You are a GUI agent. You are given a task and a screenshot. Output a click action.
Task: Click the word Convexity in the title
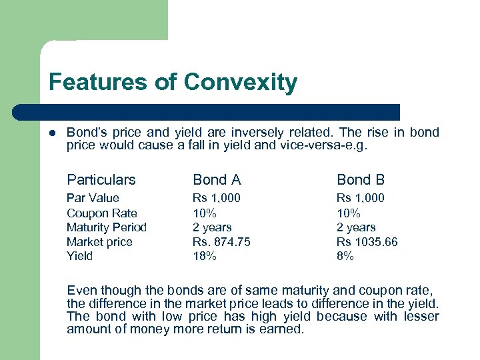(x=241, y=83)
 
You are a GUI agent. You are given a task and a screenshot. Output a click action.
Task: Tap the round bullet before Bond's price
(x=53, y=133)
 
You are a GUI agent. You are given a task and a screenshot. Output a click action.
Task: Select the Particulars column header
(x=101, y=179)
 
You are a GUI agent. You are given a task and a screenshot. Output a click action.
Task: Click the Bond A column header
(x=217, y=179)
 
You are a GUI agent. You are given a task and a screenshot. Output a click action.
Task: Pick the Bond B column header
(x=361, y=179)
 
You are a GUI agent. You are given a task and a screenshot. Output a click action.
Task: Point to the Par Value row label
(x=93, y=198)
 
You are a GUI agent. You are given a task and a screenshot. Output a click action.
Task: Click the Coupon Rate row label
(x=101, y=213)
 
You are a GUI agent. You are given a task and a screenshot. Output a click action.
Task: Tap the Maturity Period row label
(x=106, y=227)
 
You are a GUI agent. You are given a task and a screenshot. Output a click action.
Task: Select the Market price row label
(x=99, y=242)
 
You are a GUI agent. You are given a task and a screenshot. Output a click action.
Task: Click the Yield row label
(x=79, y=256)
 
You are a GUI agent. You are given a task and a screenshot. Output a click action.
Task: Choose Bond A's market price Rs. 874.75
(x=221, y=242)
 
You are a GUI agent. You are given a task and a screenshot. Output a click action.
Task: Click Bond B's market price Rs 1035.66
(x=367, y=242)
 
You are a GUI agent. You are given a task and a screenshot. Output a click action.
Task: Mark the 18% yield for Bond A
(x=205, y=256)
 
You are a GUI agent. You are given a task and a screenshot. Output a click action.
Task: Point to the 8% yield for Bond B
(x=345, y=256)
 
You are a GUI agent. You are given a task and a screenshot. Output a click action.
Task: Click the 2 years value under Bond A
(x=212, y=227)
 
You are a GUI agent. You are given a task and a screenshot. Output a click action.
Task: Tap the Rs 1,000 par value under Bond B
(x=361, y=198)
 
